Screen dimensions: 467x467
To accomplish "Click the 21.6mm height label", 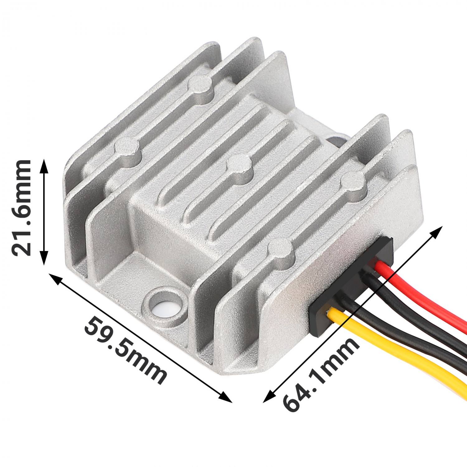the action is click(21, 208).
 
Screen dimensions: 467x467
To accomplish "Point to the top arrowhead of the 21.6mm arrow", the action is click(44, 165).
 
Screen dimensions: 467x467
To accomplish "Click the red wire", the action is click(423, 296).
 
